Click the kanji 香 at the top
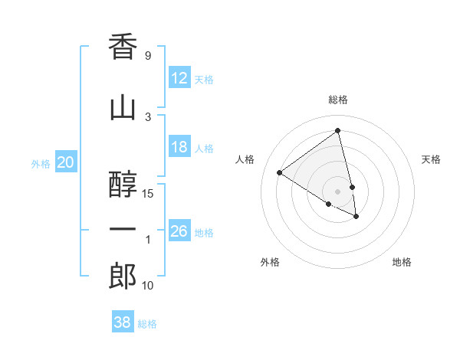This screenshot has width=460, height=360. coord(123,47)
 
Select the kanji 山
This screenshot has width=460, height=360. coord(123,108)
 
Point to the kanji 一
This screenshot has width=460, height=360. coord(123,231)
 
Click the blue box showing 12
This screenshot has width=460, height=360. coord(179,78)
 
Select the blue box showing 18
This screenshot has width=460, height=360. coord(179,147)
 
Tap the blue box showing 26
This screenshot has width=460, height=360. coord(179,231)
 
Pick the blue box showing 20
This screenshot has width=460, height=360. coord(66,162)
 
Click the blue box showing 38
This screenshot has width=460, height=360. coord(123,322)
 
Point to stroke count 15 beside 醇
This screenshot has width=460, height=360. coord(148,193)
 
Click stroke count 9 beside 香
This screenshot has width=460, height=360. coord(148,56)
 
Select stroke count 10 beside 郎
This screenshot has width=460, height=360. coord(148,286)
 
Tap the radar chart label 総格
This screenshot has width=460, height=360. coord(338,100)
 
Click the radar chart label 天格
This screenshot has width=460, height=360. coord(431,159)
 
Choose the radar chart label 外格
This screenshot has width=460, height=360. coord(270,262)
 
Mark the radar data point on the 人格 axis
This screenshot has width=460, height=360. coord(280,173)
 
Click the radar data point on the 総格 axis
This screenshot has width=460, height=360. coord(338,131)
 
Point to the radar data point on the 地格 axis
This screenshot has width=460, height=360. coord(356,217)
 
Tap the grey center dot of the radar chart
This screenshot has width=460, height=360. coord(338,191)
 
